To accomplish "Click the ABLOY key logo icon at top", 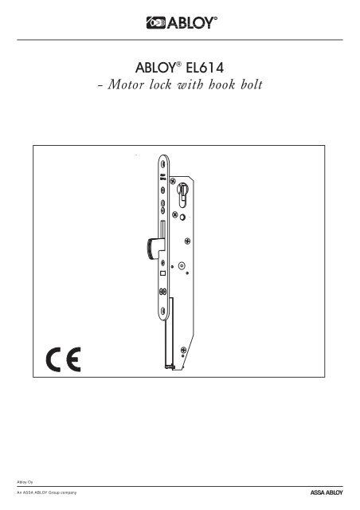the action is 156,23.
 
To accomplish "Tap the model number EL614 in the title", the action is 205,68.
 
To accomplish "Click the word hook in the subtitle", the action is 221,84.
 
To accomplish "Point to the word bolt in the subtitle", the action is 252,84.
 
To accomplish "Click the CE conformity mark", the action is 64,359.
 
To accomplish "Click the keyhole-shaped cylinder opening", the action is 182,194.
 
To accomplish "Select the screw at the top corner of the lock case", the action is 173,180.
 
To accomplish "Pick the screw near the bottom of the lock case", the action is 183,350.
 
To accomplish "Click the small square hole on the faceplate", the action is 162,273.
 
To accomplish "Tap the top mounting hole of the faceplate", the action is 163,164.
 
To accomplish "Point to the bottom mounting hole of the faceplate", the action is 162,311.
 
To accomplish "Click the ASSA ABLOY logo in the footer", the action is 327,492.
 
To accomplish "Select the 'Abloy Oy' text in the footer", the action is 25,482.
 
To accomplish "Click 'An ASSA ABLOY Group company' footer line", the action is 47,492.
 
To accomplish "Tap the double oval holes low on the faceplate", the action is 162,292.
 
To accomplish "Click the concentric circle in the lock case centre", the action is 182,265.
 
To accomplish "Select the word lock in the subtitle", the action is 160,84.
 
